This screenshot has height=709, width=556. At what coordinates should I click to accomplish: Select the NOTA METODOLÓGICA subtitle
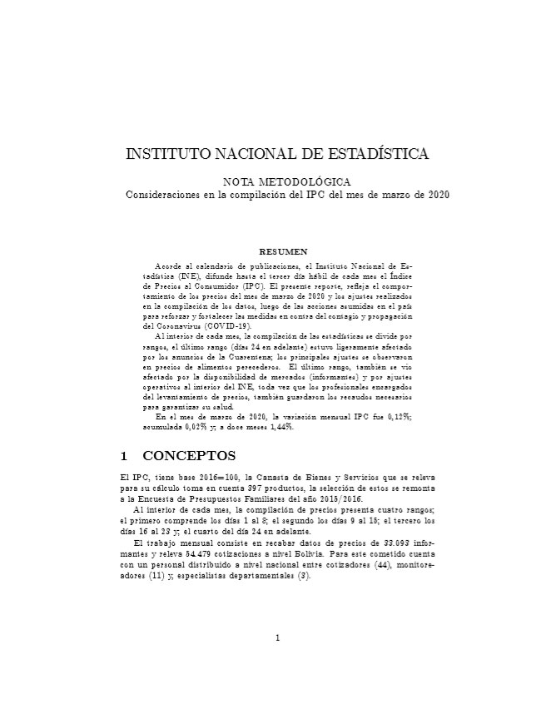[x=286, y=181]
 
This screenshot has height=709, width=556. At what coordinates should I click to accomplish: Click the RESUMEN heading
[x=285, y=250]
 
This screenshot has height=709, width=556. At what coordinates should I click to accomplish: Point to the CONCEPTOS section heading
[x=190, y=456]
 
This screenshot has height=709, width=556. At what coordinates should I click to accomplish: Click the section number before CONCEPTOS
[x=124, y=456]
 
